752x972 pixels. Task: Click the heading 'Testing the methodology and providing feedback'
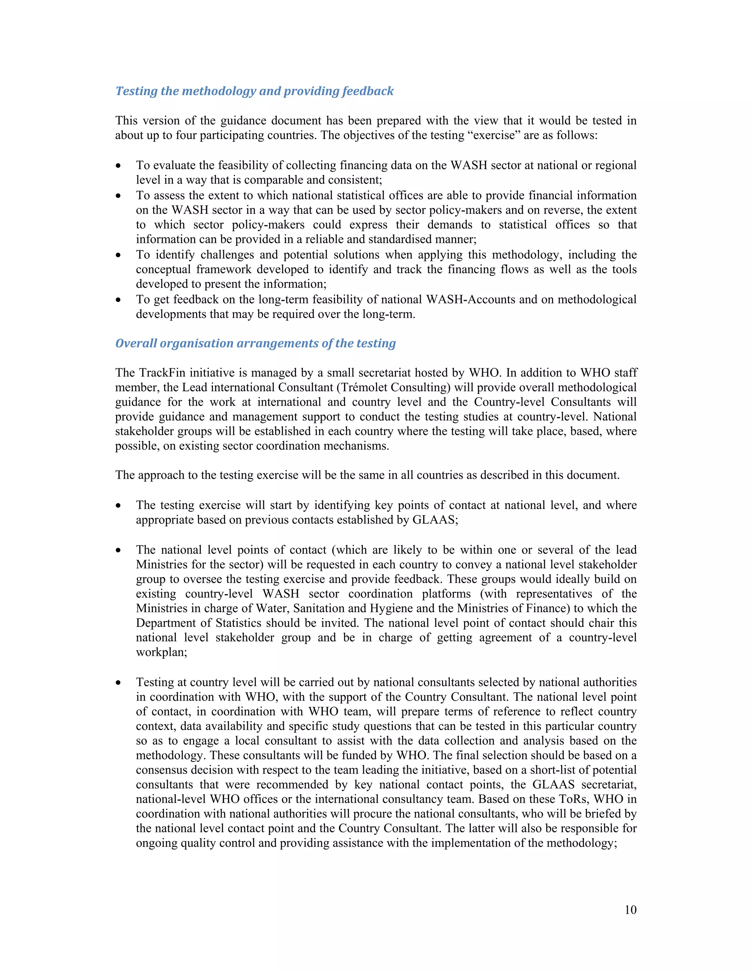[x=254, y=91]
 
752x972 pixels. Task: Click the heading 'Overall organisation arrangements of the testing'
[x=255, y=344]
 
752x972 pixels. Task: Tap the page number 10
[x=630, y=910]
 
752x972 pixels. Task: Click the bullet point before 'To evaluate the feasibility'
[x=118, y=165]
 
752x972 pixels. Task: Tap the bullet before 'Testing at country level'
[x=118, y=683]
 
